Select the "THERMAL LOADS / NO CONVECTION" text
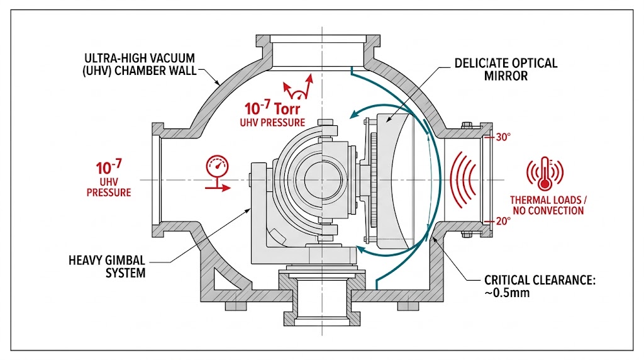pos(548,205)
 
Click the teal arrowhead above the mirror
pos(356,114)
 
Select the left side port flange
pos(157,179)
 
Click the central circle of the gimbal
pos(322,180)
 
